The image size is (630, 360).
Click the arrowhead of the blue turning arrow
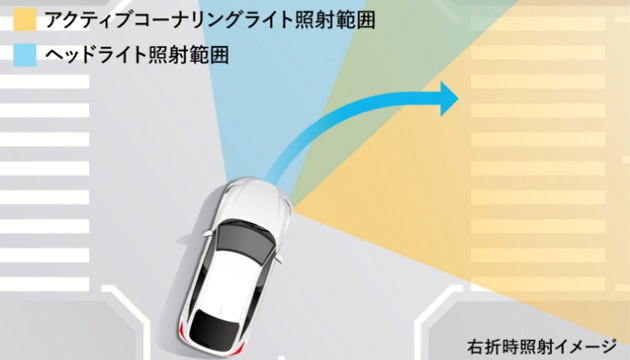click(x=446, y=97)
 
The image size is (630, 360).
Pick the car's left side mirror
click(x=205, y=233)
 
